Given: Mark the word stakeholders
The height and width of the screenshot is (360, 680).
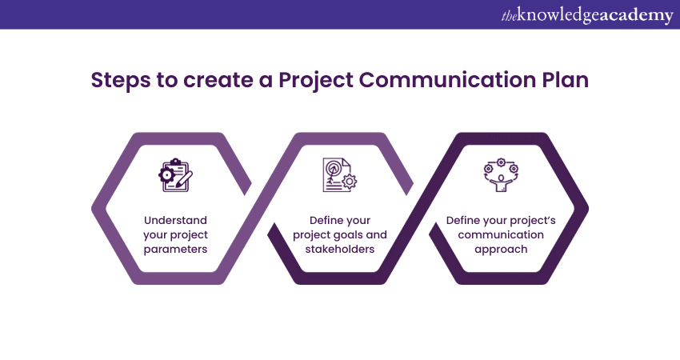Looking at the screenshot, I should (x=340, y=249).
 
